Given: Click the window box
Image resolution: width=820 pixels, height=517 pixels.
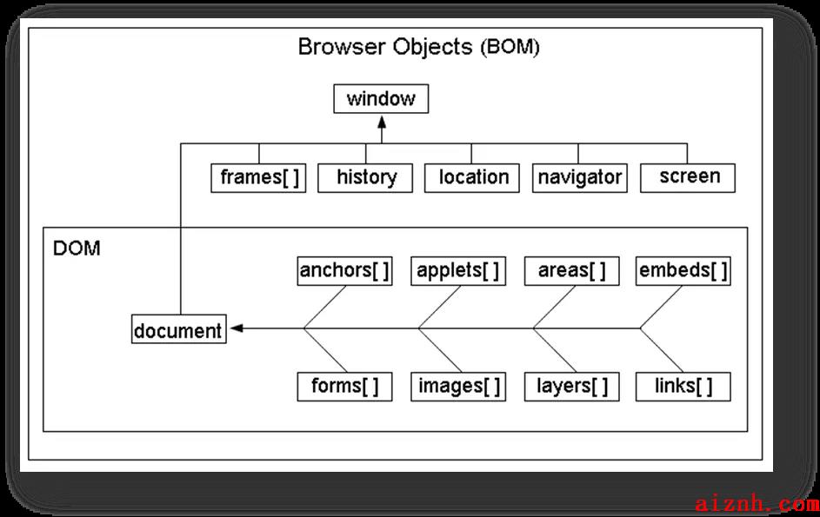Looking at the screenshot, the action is (381, 98).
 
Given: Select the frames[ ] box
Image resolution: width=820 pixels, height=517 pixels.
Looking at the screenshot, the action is (258, 178).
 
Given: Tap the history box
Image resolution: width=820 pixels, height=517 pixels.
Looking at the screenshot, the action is (365, 178).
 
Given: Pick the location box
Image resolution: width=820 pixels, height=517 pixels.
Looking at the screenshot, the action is (471, 178).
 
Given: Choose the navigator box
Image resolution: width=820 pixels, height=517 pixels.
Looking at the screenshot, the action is (579, 178).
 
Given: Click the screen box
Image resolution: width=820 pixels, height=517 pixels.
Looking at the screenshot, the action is (688, 178).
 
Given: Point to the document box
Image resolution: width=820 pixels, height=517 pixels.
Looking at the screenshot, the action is (179, 328).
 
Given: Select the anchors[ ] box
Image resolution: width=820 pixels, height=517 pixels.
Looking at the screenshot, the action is (344, 271).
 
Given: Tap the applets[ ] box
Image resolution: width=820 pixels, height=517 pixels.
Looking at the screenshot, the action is (458, 271).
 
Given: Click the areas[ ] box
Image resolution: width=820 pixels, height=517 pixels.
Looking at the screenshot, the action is (571, 271).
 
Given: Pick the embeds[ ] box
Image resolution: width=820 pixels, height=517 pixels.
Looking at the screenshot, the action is (683, 271).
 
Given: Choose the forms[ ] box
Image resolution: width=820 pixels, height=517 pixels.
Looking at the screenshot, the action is (344, 387).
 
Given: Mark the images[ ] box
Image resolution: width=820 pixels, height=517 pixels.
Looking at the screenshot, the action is (458, 387).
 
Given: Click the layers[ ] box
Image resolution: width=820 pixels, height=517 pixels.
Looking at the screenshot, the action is (571, 387).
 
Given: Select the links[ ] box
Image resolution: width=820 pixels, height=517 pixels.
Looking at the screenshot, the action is (683, 387).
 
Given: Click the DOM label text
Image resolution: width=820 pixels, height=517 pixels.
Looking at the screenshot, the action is (77, 249).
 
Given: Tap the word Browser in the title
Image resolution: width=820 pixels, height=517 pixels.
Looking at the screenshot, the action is (342, 47).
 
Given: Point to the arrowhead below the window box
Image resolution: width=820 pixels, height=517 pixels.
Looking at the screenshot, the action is (382, 123).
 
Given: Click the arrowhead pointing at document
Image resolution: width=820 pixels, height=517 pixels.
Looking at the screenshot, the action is (237, 328).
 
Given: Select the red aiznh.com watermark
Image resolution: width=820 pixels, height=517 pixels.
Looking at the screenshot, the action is (757, 504).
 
